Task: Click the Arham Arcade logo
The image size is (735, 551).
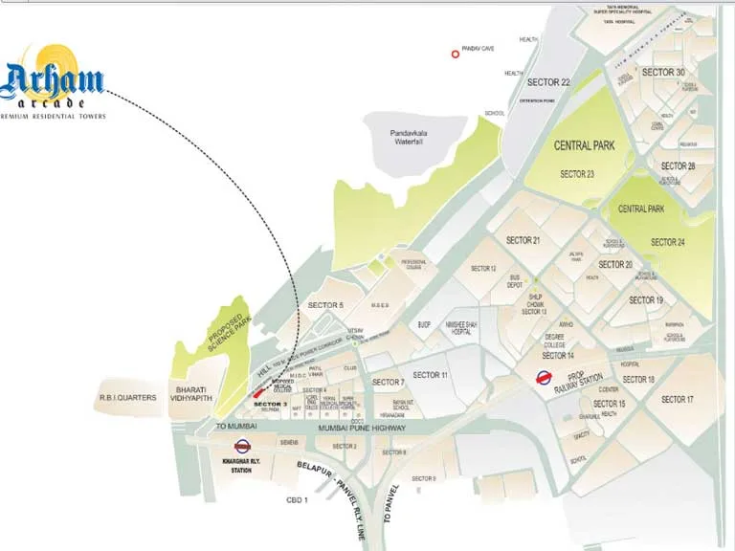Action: [x=53, y=82]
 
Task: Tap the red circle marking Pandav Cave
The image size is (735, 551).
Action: [x=456, y=55]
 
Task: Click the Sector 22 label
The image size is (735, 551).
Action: [x=550, y=83]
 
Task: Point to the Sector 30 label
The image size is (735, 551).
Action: [x=662, y=73]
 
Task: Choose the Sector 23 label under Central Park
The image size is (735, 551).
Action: [x=577, y=174]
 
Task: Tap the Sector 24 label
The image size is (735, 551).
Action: [x=667, y=242]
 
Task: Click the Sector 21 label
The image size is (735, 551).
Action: [x=523, y=240]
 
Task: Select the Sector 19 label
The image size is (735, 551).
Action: [x=646, y=300]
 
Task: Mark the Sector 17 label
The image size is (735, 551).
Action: [x=677, y=399]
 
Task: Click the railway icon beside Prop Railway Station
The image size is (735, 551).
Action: [x=545, y=377]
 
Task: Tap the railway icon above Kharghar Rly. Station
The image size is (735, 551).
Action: [x=242, y=444]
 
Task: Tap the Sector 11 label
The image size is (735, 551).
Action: [x=430, y=375]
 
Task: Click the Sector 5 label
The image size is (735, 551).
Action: [x=324, y=305]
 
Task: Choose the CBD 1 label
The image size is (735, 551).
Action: [x=299, y=499]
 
